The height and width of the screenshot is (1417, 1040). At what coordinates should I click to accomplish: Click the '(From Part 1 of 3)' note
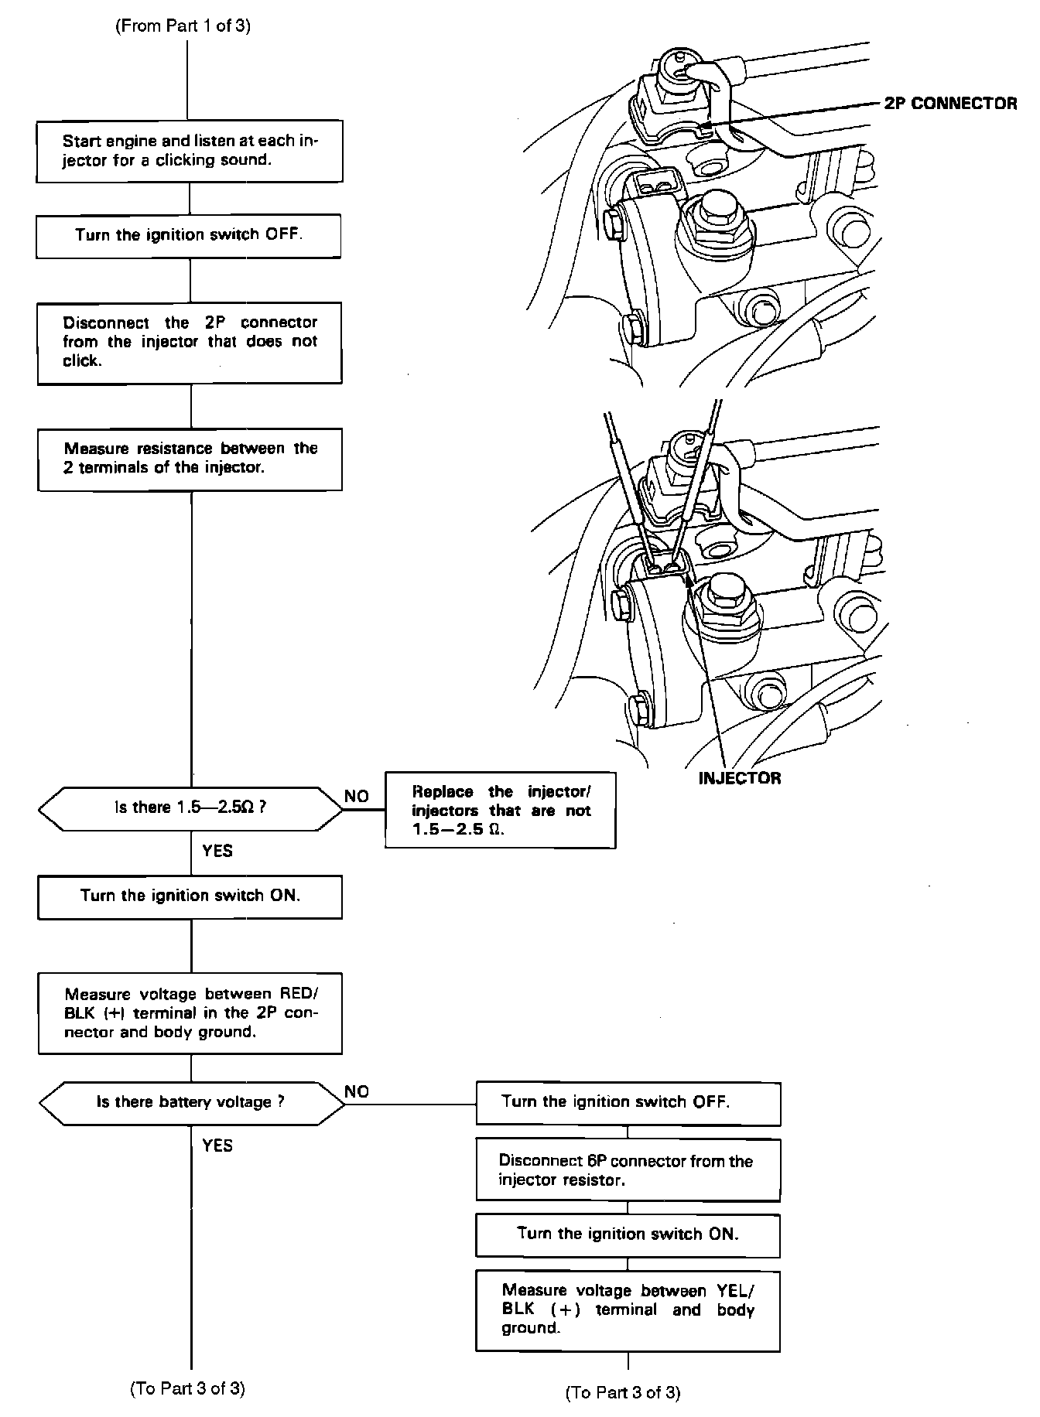tap(183, 26)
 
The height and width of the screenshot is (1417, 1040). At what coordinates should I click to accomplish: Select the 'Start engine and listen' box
tap(190, 151)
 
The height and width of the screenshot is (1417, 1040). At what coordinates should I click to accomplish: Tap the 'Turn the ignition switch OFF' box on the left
tap(189, 235)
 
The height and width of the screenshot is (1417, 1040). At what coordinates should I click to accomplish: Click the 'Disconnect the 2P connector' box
tap(190, 342)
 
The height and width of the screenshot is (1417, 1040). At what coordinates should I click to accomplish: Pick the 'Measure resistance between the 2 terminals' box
tap(190, 459)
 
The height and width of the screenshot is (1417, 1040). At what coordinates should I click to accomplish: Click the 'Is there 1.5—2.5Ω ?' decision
tap(190, 808)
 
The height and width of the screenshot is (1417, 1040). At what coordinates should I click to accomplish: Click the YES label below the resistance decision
tap(217, 851)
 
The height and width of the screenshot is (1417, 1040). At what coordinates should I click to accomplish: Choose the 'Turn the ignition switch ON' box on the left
tap(190, 896)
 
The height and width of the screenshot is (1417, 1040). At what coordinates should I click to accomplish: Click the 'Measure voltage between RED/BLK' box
tap(190, 1013)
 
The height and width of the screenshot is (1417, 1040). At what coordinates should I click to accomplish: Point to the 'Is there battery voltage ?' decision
tap(190, 1102)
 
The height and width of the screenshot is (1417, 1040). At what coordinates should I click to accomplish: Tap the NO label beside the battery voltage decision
tap(357, 1091)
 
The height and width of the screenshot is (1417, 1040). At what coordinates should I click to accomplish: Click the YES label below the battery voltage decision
tap(217, 1146)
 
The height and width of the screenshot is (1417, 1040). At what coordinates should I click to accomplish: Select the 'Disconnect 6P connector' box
tap(628, 1170)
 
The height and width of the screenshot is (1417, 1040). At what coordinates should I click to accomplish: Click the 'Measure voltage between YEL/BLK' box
tap(628, 1309)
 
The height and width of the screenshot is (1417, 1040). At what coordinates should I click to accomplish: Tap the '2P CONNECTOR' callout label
tap(950, 104)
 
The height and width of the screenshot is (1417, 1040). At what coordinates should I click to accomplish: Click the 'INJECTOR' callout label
tap(740, 778)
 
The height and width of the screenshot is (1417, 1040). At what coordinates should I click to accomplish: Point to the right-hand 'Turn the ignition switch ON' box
tap(628, 1234)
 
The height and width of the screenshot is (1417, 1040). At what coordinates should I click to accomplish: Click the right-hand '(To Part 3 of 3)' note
tap(623, 1393)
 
